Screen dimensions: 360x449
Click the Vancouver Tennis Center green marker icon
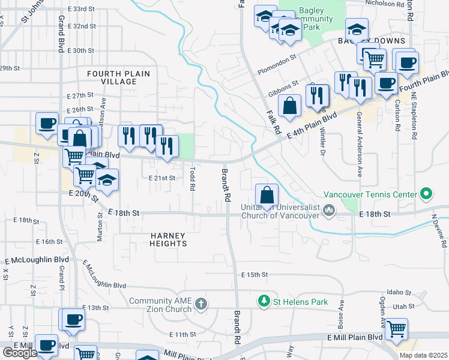click(426, 194)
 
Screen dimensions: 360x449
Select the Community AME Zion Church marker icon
click(201, 305)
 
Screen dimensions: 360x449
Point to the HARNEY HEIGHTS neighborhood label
click(169, 239)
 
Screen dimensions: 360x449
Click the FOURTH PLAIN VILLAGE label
click(118, 77)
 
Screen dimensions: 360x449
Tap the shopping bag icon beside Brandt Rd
click(267, 195)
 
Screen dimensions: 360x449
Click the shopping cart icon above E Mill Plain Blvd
click(396, 329)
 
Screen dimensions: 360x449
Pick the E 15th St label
click(254, 274)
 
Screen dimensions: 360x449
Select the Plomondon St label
click(277, 59)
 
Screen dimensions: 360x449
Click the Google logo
click(20, 353)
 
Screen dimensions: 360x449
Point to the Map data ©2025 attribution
click(423, 355)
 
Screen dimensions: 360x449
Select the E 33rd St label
click(82, 9)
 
